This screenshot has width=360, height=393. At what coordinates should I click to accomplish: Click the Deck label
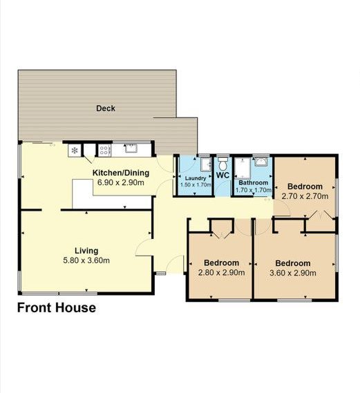pos(106,108)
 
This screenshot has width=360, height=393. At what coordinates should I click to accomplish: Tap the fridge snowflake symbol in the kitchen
pos(75,151)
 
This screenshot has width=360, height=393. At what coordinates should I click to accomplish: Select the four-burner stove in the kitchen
pos(104,151)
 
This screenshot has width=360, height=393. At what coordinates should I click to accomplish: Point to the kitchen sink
pos(131,148)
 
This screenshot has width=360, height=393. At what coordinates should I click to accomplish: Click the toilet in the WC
pos(222,164)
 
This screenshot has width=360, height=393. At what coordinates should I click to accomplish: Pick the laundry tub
pos(206,164)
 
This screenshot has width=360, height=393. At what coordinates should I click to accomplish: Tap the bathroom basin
pos(261,162)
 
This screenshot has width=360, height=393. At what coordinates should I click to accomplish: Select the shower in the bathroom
pos(242,168)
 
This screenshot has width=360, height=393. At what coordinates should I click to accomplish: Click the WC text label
pos(222,175)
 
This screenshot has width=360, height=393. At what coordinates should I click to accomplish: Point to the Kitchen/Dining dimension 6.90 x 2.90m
pos(121,182)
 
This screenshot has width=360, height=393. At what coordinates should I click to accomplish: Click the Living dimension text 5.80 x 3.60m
pos(86,260)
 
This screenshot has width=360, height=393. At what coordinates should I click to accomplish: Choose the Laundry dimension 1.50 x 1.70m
pos(196,184)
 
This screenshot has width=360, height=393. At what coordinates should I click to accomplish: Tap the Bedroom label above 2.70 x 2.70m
pos(305,186)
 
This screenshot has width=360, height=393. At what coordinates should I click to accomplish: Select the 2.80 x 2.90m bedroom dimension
pos(221,272)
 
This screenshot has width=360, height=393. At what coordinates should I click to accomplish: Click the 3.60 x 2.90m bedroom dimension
pos(292,273)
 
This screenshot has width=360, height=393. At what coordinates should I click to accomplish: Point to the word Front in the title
pos(34,307)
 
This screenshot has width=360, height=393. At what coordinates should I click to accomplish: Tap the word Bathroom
pos(253,182)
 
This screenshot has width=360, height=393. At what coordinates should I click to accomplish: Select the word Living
pos(86,251)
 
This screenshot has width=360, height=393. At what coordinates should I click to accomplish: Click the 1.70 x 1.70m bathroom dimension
pos(253,190)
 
